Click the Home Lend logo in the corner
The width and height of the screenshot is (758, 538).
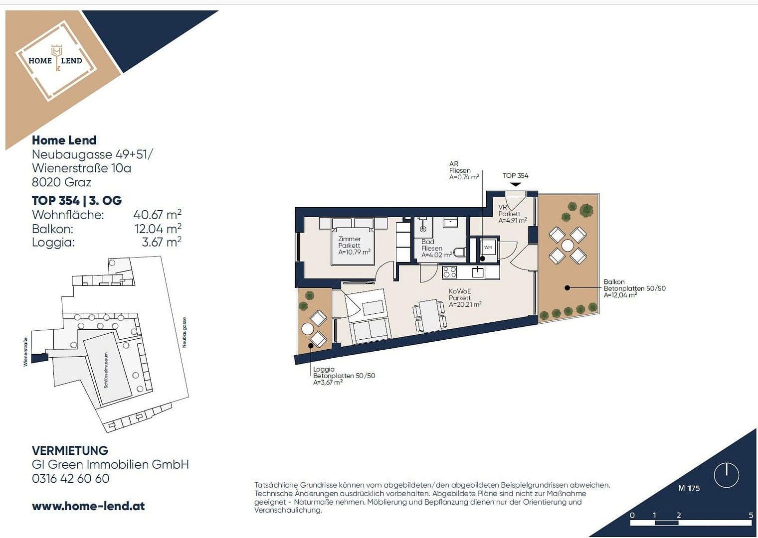[55, 60]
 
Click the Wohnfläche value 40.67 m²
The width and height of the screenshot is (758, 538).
[157, 215]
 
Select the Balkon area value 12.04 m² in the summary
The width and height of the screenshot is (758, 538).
[158, 229]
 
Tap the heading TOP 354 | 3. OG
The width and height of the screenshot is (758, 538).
[77, 200]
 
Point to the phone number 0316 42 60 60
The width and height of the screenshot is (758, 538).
[70, 479]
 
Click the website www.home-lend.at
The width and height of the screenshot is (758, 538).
[88, 506]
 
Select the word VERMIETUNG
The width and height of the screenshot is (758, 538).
[70, 450]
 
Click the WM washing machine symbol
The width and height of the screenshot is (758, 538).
[488, 247]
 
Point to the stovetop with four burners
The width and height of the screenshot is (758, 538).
[449, 272]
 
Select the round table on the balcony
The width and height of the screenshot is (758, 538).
[568, 246]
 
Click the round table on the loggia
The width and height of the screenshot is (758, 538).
[308, 329]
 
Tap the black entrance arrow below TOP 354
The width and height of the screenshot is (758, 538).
[515, 184]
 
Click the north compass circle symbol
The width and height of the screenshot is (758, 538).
[726, 475]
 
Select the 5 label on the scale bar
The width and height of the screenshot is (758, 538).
[751, 515]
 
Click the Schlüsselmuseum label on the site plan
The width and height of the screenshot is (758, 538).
[106, 370]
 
